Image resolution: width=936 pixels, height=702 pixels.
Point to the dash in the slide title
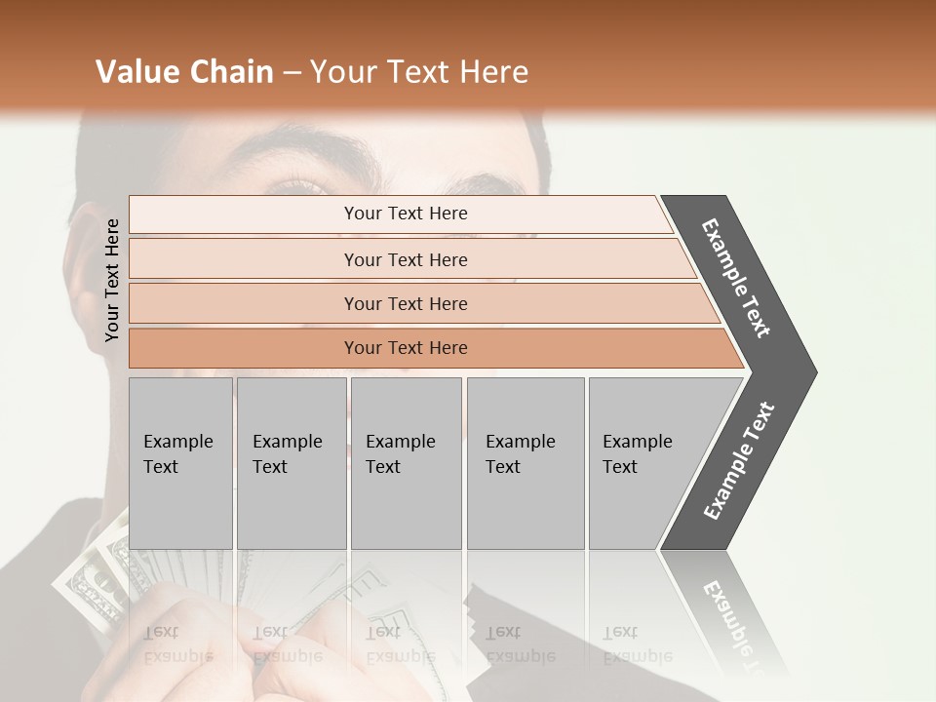(292, 73)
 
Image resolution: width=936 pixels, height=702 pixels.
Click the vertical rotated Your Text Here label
(112, 280)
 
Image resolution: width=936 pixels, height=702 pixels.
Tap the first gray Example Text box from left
(180, 463)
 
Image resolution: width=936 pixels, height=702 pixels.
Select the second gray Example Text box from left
(292, 463)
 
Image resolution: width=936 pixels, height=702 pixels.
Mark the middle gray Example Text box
(406, 463)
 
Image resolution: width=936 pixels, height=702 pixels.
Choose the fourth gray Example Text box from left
(526, 463)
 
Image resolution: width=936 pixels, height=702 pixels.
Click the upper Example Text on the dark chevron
(737, 278)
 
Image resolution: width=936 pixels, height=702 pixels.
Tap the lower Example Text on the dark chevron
(739, 461)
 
